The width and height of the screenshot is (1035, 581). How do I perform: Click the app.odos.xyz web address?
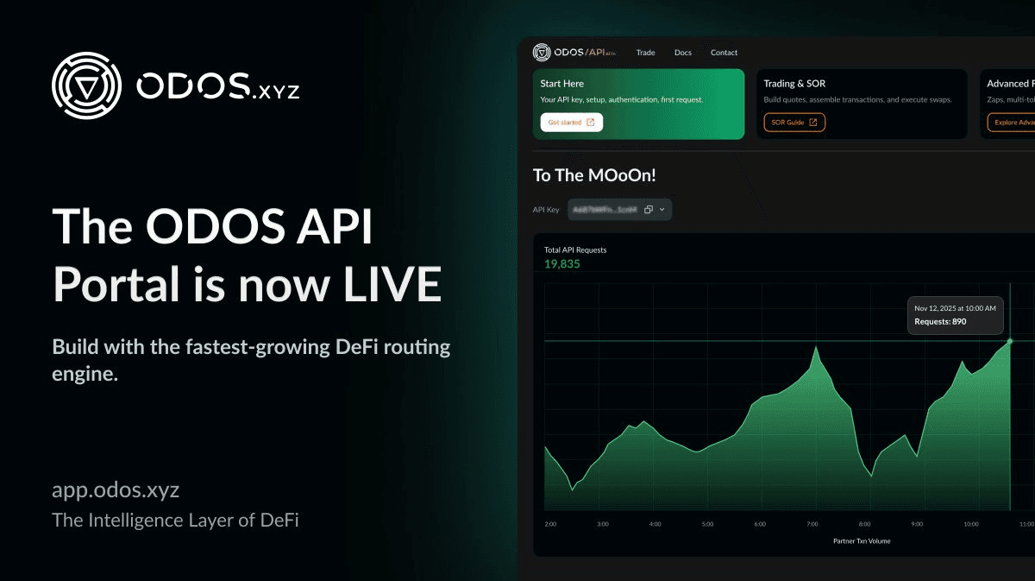(x=116, y=490)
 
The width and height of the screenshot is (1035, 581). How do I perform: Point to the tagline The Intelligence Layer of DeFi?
(x=175, y=521)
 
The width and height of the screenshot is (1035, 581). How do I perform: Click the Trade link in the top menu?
(x=645, y=53)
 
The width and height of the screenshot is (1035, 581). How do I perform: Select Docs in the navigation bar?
(x=682, y=53)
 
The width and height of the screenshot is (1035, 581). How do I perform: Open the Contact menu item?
(x=724, y=53)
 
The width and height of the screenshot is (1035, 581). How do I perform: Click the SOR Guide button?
(x=793, y=123)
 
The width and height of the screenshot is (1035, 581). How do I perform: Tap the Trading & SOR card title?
(x=794, y=84)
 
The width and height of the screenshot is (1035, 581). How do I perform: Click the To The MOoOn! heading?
(x=594, y=175)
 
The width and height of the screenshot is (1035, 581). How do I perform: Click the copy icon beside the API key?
(x=649, y=209)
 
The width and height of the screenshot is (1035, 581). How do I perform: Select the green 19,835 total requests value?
(x=562, y=264)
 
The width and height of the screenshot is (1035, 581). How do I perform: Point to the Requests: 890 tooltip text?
(x=940, y=322)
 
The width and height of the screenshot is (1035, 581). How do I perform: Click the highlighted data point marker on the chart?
(x=1010, y=341)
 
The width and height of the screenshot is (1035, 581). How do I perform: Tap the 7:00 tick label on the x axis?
(x=812, y=524)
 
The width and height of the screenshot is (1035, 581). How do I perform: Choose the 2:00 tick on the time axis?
(x=550, y=524)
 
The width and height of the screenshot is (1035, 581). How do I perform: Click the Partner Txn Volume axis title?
(x=862, y=541)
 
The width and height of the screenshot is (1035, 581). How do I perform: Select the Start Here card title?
(x=561, y=84)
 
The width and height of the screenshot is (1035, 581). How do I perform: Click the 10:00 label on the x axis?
(x=970, y=524)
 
